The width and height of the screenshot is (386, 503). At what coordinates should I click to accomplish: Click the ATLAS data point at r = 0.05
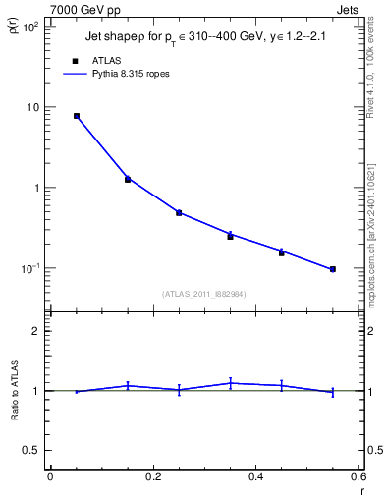(x=77, y=116)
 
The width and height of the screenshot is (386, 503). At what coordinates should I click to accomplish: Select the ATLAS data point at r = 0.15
(x=128, y=180)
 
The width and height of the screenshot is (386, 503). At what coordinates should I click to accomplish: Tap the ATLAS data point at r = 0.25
(x=179, y=212)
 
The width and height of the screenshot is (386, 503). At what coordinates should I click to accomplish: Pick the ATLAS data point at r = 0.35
(x=230, y=237)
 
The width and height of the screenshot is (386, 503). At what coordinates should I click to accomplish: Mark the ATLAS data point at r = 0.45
(x=281, y=252)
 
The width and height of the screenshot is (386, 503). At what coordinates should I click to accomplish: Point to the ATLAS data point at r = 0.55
(x=332, y=269)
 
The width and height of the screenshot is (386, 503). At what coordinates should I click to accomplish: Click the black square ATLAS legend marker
(x=76, y=60)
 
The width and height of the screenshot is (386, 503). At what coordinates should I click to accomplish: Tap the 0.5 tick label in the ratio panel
(x=31, y=450)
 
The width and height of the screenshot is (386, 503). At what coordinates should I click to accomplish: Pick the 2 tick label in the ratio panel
(x=35, y=331)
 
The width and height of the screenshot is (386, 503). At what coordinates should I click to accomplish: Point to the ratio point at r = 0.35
(x=230, y=383)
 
